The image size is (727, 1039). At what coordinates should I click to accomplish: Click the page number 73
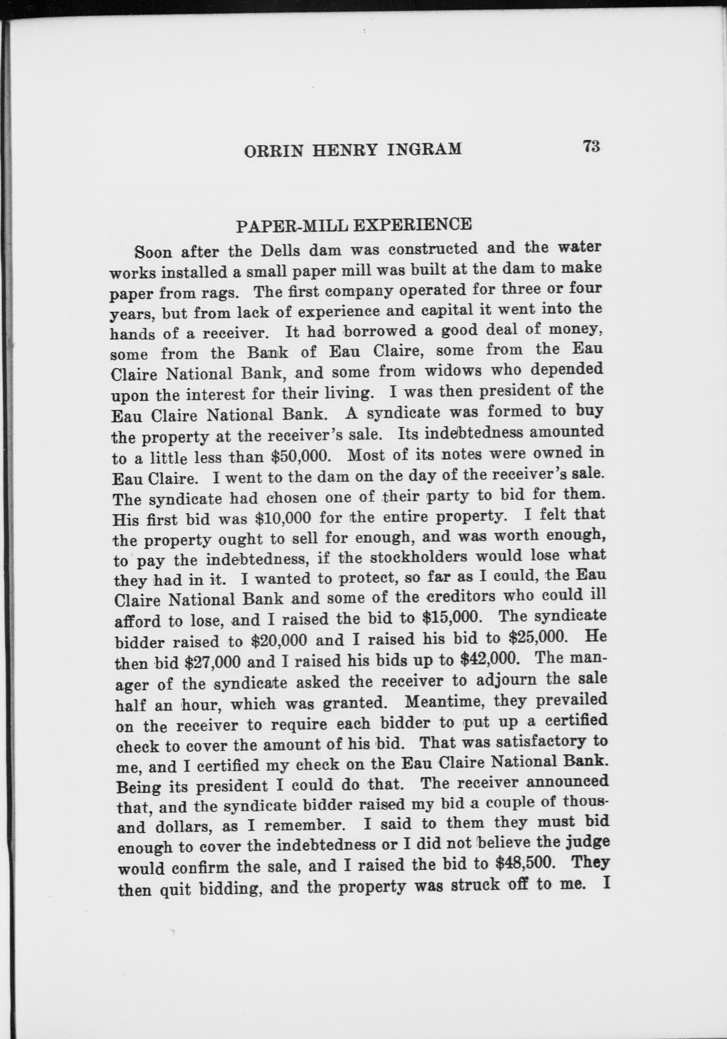(591, 147)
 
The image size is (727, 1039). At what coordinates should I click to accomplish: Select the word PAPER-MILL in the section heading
(291, 225)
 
